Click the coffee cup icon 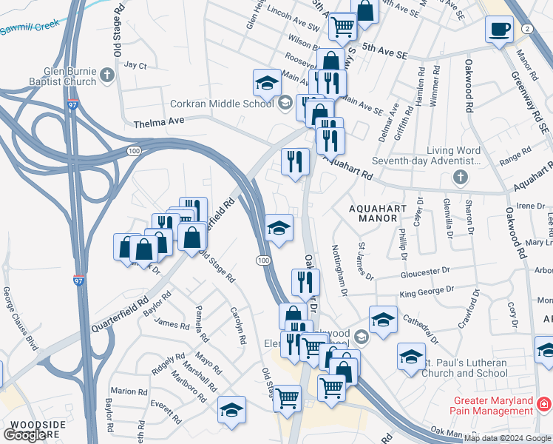pos(499,30)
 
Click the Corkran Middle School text pos(222,104)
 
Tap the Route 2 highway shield pos(526,28)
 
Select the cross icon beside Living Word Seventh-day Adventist pos(460,178)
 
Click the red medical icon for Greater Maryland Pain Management pos(544,405)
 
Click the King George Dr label pos(427,293)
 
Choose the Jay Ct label pos(136,65)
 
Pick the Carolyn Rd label pos(237,325)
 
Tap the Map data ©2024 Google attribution pos(508,438)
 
